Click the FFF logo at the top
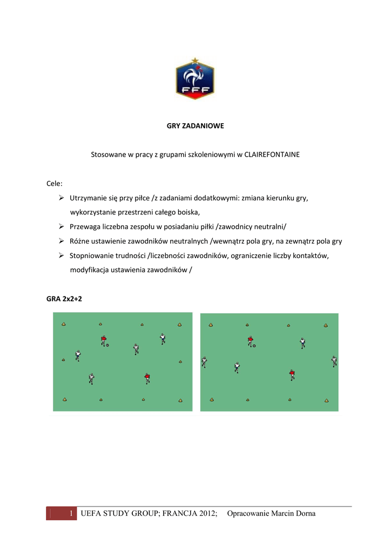pos(195,78)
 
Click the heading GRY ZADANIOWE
pos(194,126)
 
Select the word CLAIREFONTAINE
pos(272,154)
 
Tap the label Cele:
pos(55,184)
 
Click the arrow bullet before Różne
pos(62,241)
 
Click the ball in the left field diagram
pos(107,345)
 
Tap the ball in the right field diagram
pos(254,346)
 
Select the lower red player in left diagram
pos(147,378)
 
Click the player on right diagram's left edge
pos(204,361)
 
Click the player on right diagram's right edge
pos(334,361)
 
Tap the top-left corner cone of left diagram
pos(64,325)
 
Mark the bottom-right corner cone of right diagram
pos(326,400)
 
